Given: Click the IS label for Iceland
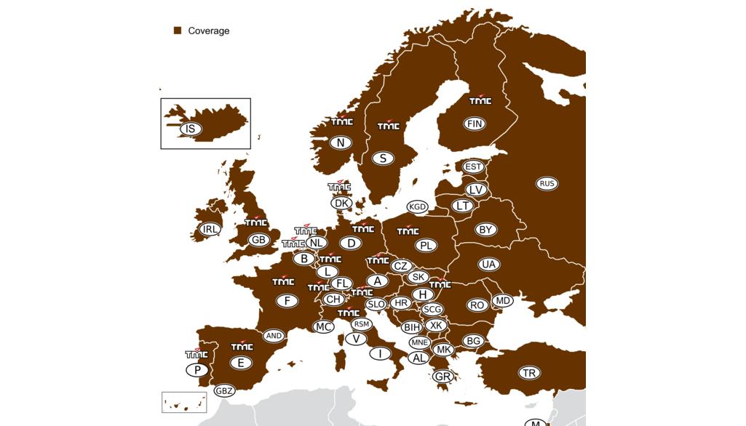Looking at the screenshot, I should coord(190,129).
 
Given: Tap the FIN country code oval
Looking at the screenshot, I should coord(475,124).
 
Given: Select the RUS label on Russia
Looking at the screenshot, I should coord(547,183).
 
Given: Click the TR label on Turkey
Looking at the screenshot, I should coord(529,373).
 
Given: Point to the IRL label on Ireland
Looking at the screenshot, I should coord(210,229).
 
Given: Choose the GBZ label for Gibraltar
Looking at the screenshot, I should coord(224,391).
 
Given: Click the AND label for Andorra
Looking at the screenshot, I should coord(274,336).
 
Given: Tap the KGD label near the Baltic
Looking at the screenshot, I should coord(418,207).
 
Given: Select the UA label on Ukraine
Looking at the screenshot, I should coord(488,264).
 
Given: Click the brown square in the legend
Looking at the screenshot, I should coord(177,31).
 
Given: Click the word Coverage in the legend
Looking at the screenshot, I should coord(209,31).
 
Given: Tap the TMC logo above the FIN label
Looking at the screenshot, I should coord(480,101).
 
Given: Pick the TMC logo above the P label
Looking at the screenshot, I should coord(197,354).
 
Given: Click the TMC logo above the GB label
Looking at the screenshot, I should coord(256,222).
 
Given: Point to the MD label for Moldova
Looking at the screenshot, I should coord(502,300).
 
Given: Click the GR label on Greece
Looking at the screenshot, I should coord(442,377).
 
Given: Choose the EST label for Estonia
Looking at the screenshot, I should coord(473,166).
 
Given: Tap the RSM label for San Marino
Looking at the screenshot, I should coord(361,323).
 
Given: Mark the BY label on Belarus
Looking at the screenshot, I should coord(486,230).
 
